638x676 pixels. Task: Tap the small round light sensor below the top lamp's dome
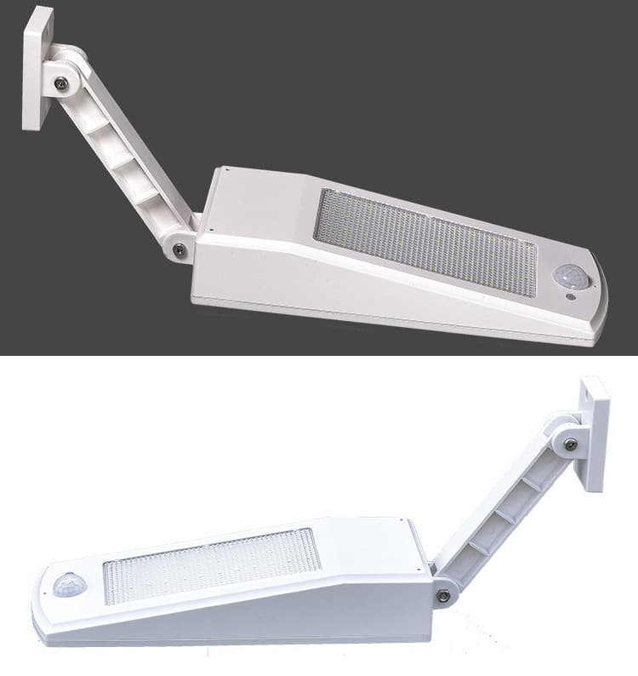coord(571,297)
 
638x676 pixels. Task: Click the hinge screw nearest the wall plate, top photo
coord(61,83)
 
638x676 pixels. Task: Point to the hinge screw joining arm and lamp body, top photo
coord(179,249)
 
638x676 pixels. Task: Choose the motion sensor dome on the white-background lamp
coord(70,585)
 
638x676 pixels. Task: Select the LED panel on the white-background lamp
coord(212,564)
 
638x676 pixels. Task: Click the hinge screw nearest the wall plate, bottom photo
coord(570,444)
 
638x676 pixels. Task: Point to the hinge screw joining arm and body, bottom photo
coord(443,595)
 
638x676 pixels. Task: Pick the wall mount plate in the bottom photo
coord(595,434)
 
